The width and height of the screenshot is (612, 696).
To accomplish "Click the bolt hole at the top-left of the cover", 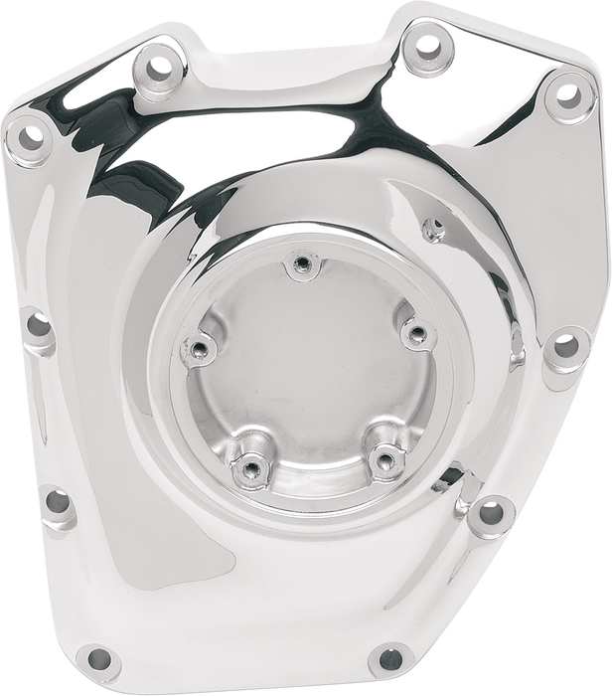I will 156,69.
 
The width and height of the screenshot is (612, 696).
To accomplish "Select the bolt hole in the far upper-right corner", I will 567,95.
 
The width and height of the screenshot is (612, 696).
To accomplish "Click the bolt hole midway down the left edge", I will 38,324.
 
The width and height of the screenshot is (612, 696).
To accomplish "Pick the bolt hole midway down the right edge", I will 565,346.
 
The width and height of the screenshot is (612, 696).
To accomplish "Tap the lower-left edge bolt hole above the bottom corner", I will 59,500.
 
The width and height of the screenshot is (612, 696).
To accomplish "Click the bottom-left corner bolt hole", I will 96,657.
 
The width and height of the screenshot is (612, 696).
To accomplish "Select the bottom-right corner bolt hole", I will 391,657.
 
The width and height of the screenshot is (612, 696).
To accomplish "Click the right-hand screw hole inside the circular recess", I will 416,332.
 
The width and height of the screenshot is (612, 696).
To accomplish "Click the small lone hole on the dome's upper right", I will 432,229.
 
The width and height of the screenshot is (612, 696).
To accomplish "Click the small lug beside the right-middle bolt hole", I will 516,348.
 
